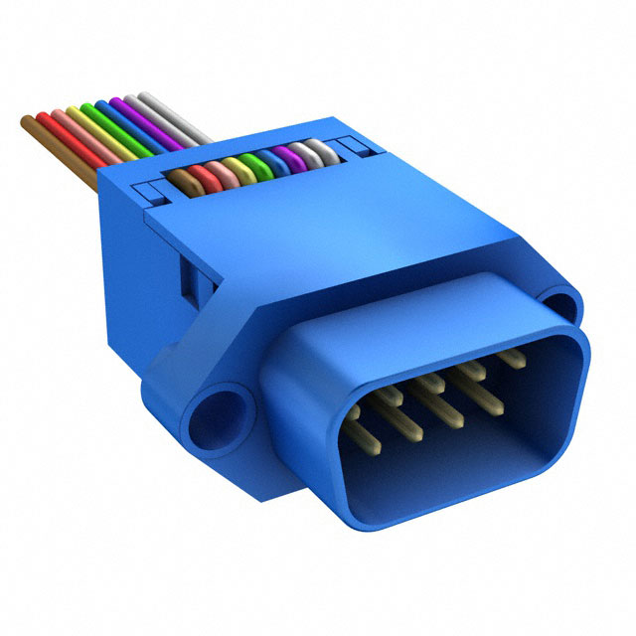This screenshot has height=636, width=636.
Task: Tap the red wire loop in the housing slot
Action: click(203, 176)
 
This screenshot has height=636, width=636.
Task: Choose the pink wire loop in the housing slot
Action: click(220, 172)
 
